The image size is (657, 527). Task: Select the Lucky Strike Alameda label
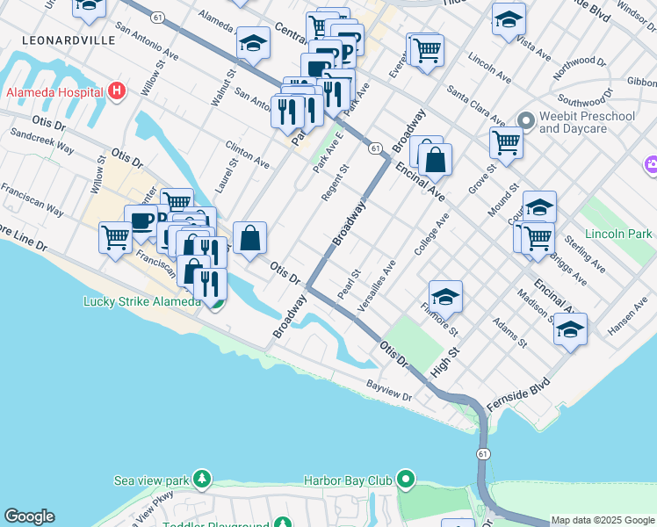[x=141, y=301]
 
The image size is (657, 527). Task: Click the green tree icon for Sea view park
[x=203, y=480]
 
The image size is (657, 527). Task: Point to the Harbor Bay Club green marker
[x=405, y=480]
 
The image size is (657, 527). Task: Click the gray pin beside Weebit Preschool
[x=526, y=120]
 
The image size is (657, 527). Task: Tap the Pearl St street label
[x=350, y=282]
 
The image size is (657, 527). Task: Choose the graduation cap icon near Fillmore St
[x=446, y=296]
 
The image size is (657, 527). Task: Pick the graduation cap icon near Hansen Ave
[x=571, y=328]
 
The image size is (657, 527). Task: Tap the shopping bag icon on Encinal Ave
[x=435, y=160]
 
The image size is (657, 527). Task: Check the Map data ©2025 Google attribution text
[x=603, y=520]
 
